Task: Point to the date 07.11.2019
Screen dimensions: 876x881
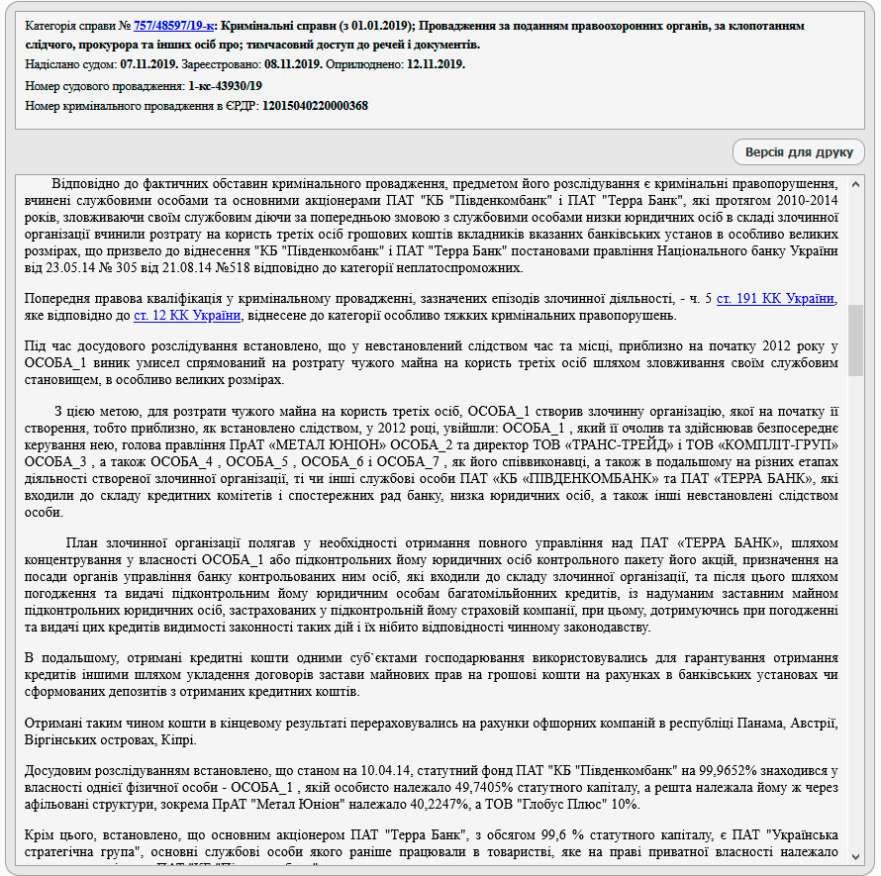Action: coord(147,64)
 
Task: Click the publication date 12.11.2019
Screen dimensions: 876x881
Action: coord(436,64)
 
